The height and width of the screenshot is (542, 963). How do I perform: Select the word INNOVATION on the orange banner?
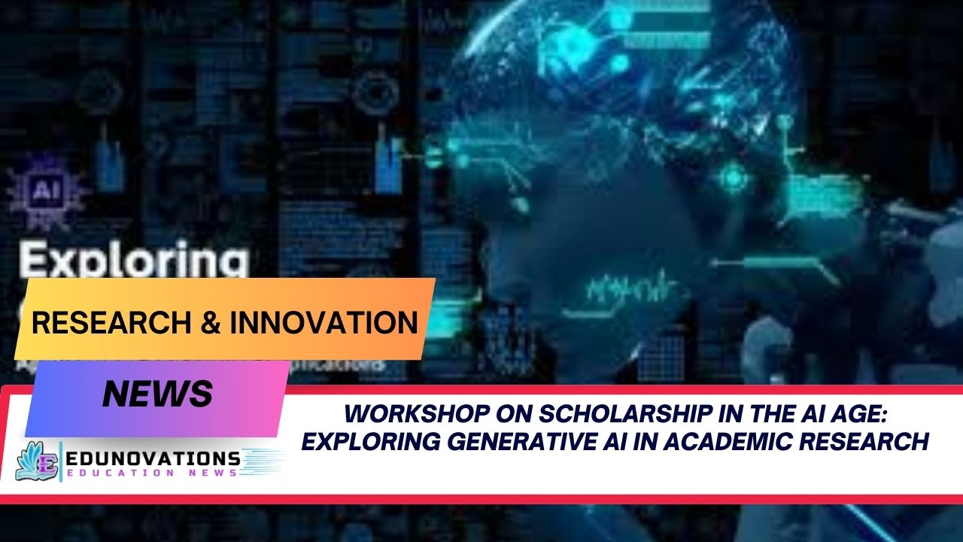coord(323,323)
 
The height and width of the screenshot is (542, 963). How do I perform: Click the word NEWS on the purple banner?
coord(157,394)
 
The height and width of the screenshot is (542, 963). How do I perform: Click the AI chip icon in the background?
coord(41,190)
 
